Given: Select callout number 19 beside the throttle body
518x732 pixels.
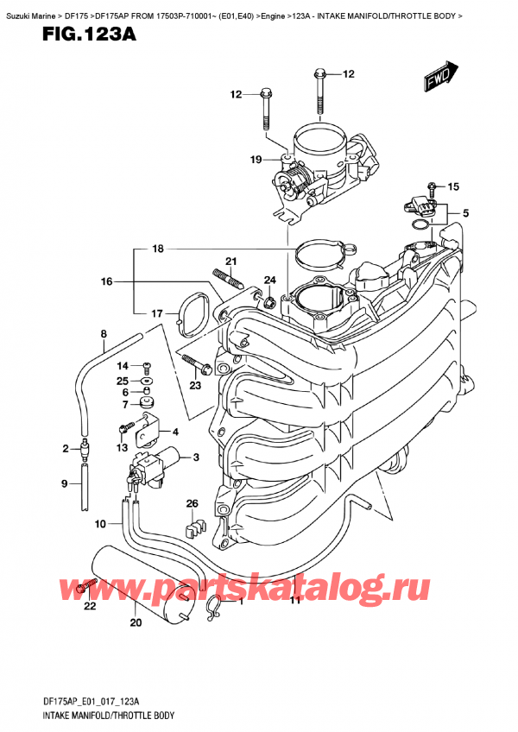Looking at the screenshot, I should click(x=256, y=159).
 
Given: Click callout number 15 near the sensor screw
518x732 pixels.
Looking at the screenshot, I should click(x=454, y=186).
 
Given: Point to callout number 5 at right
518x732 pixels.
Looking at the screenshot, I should click(x=465, y=213).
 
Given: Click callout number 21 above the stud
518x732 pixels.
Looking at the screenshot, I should click(x=231, y=262).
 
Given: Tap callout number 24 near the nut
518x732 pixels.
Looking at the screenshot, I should click(x=269, y=280).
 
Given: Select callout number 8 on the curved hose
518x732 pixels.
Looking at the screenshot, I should click(x=104, y=334).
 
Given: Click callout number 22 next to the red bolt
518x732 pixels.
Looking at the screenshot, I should click(x=90, y=607).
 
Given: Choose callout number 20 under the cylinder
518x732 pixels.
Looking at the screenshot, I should click(x=135, y=623).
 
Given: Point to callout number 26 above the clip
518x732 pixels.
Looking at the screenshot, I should click(x=192, y=504).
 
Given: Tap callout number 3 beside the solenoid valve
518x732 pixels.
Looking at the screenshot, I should click(x=196, y=457).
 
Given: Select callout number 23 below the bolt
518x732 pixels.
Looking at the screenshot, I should click(x=195, y=385).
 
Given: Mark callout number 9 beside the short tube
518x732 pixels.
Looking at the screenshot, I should click(x=64, y=484).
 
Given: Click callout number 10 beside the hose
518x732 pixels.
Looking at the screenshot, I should click(x=101, y=524).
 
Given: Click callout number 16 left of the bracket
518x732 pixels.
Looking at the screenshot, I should click(x=106, y=281).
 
